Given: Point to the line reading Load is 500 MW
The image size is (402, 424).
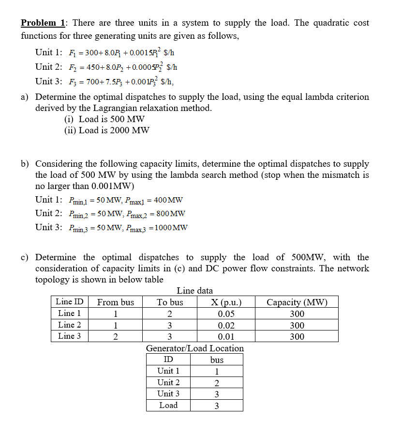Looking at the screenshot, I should pyautogui.click(x=104, y=119).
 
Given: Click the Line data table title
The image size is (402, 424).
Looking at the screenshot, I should pyautogui.click(x=194, y=291).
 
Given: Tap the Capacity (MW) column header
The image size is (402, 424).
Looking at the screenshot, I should pyautogui.click(x=297, y=302).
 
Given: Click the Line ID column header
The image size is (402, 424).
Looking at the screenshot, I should pyautogui.click(x=70, y=302).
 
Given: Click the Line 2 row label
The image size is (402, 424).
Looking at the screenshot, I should pyautogui.click(x=70, y=325).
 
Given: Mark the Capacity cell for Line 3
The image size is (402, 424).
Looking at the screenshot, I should pyautogui.click(x=297, y=336).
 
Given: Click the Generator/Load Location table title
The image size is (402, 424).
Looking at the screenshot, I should pyautogui.click(x=194, y=348).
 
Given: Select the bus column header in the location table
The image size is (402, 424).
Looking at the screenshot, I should pyautogui.click(x=217, y=360).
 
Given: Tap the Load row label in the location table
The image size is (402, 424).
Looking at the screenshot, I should pyautogui.click(x=168, y=405).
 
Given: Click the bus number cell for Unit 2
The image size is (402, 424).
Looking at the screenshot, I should pyautogui.click(x=217, y=382).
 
